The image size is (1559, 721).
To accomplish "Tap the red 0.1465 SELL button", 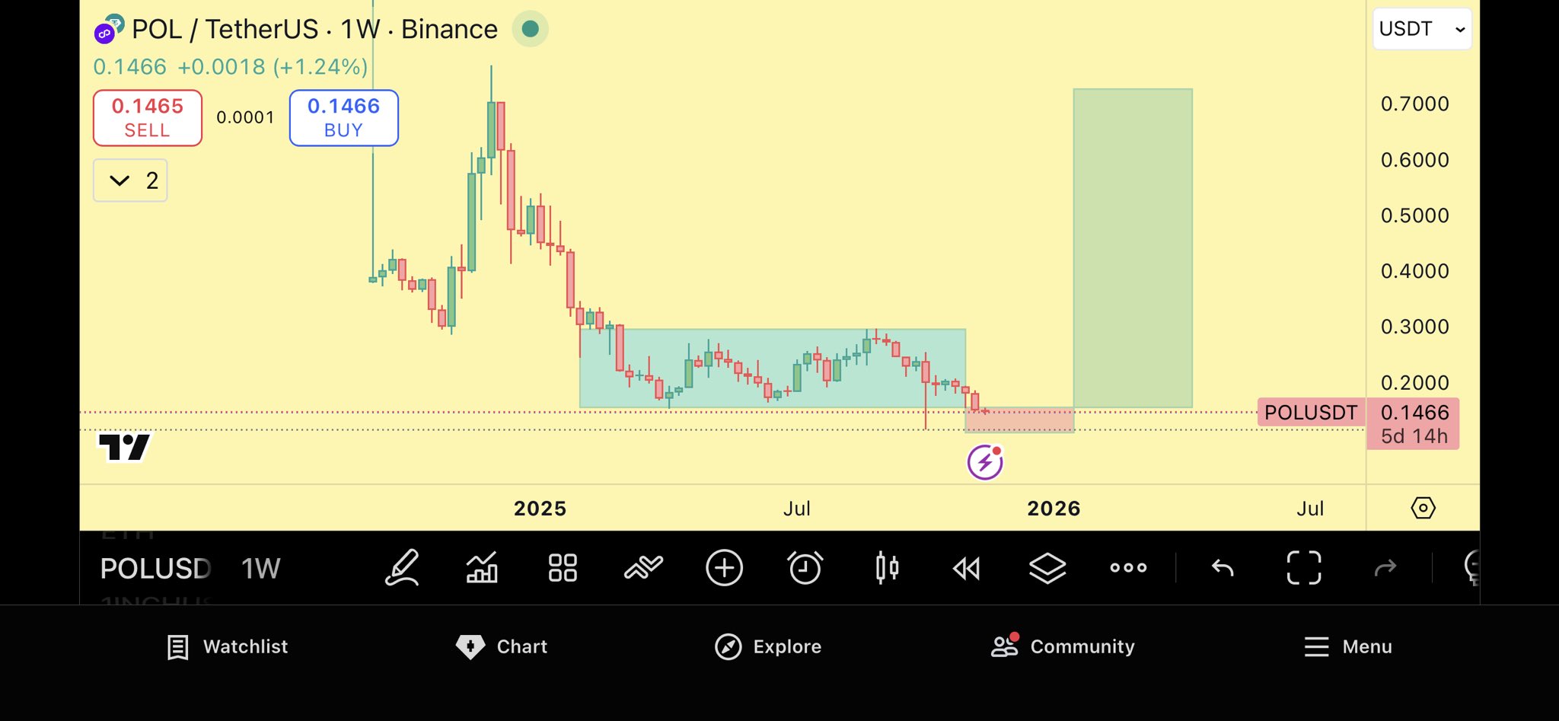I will (x=148, y=117).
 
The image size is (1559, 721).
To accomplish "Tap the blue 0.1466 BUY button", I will (x=343, y=117).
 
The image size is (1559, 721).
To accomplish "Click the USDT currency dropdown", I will (x=1421, y=29).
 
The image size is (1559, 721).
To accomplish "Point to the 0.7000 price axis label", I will (x=1414, y=104).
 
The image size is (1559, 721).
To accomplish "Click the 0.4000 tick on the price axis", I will (x=1414, y=271).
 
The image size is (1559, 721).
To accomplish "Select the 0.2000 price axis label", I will (x=1414, y=382).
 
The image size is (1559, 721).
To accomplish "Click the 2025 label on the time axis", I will (x=540, y=509).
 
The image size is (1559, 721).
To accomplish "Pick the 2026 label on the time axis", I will (x=1054, y=509).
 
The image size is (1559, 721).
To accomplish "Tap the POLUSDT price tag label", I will (x=1310, y=413).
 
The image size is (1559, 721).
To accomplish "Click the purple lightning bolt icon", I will (x=985, y=462).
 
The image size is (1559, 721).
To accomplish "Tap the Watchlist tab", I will (x=228, y=646).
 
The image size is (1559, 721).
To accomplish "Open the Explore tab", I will (x=768, y=646).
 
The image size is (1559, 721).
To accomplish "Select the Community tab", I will (x=1063, y=646).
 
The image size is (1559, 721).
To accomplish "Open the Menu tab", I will (x=1348, y=646).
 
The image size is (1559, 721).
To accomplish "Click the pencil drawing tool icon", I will (x=402, y=568).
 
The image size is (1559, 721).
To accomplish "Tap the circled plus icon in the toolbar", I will (x=724, y=568).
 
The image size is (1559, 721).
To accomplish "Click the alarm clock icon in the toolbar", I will (x=805, y=568).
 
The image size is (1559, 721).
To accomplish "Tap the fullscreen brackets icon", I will (x=1303, y=568).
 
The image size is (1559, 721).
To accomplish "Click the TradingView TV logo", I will (x=124, y=447).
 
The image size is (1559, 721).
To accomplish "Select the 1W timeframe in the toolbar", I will (x=260, y=569).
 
